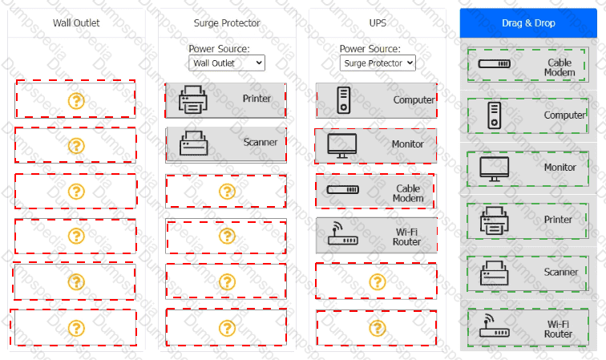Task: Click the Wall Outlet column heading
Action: coord(76,22)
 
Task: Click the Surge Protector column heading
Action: coord(227,22)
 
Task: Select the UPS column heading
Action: coord(378,22)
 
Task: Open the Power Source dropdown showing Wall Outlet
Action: coord(227,63)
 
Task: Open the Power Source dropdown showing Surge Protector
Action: coord(378,63)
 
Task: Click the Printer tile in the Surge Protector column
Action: coord(226,99)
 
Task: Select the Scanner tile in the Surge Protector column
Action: coord(226,144)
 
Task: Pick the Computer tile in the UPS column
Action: coord(377,100)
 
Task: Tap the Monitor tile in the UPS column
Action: coord(376,145)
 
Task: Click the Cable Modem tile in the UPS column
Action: coord(376,192)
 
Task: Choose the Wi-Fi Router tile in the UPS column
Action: coord(377,236)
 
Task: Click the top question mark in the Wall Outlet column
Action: coord(76,100)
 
